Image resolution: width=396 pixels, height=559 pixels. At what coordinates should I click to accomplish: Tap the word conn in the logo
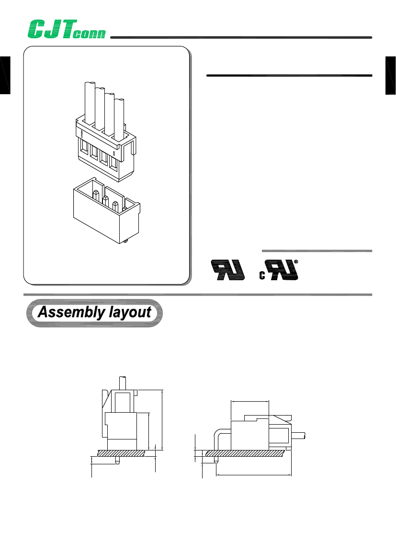click(x=91, y=34)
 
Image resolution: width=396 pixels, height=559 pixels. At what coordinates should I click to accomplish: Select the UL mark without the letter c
click(x=227, y=270)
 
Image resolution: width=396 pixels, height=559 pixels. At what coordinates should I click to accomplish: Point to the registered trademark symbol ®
click(x=296, y=262)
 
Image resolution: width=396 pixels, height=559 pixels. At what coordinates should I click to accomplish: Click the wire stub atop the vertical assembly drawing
click(x=122, y=383)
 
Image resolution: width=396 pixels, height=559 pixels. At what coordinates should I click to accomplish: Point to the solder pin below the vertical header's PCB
click(x=117, y=460)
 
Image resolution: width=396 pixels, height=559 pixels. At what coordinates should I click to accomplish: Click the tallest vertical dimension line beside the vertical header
click(x=162, y=419)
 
